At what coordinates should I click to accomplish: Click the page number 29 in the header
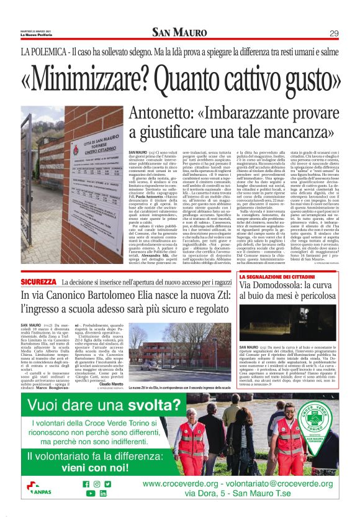[x=334, y=33]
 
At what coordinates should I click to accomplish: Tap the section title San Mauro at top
[x=179, y=32]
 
